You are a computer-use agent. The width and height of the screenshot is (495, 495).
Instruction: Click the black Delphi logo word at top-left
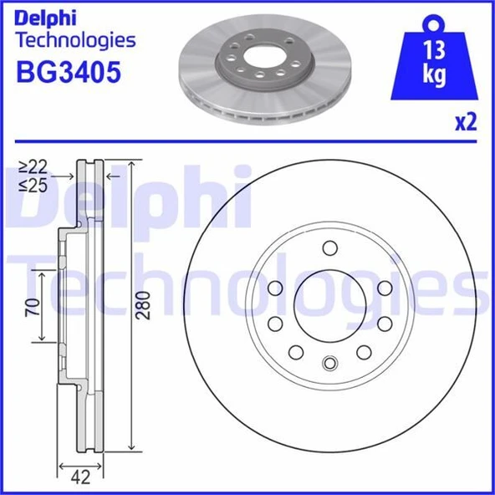pos(48,16)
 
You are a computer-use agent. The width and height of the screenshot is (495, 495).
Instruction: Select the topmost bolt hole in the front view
pos(329,247)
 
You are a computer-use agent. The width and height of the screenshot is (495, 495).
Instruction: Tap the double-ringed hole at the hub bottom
pos(329,362)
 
